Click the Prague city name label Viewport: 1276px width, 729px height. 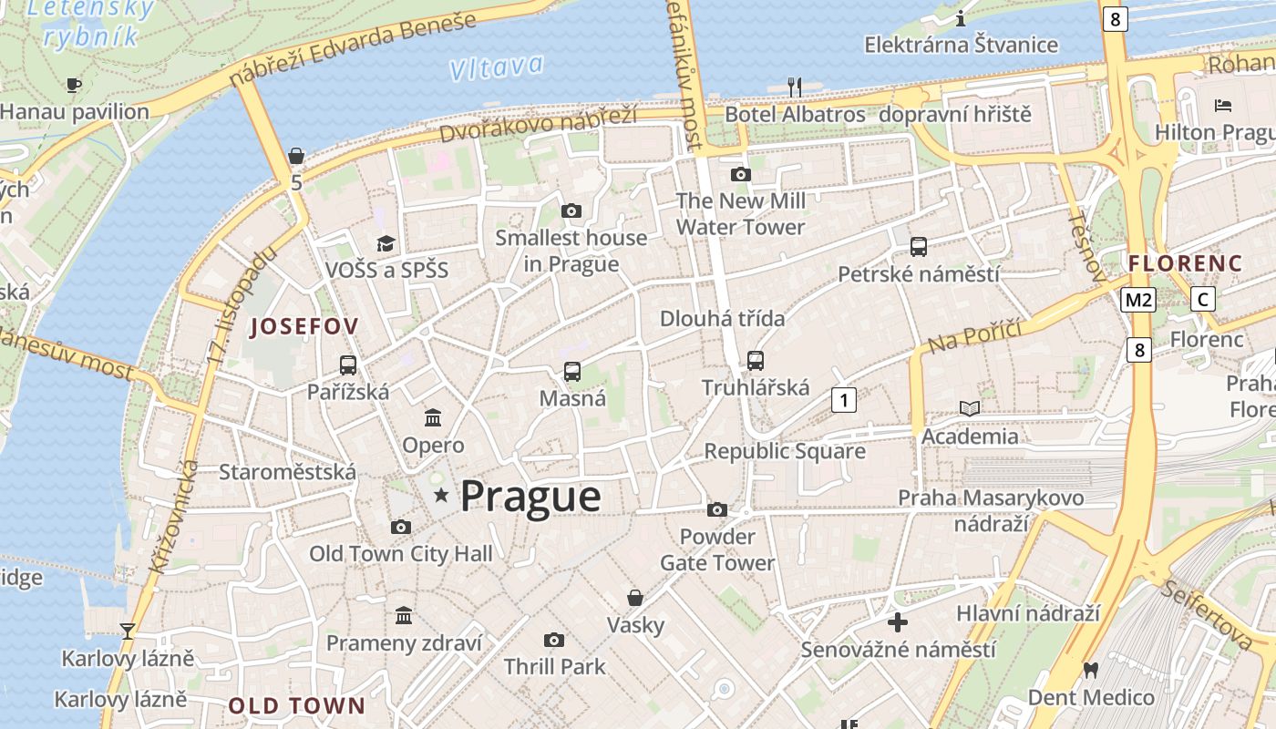530,498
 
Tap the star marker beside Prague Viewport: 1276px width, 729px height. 441,495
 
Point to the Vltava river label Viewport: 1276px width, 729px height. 496,67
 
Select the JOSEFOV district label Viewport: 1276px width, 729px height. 304,326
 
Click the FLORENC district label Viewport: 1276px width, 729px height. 1185,263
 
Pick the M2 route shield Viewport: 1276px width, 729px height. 1139,299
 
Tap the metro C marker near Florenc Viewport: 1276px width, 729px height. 1203,299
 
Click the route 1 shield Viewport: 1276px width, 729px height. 844,399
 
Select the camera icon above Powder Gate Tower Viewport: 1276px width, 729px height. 717,509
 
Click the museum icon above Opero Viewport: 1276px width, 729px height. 433,418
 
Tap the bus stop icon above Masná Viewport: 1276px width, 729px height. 572,371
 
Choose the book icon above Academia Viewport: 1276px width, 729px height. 970,408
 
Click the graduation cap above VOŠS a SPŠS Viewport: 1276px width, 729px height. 386,243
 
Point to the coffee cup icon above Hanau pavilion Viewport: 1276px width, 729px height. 74,85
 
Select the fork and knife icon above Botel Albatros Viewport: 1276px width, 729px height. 795,87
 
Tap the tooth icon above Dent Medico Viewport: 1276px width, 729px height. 1090,670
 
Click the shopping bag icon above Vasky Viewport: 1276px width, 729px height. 635,598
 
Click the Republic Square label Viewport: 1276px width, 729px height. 785,451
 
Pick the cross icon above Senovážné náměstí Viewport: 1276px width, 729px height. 898,622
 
